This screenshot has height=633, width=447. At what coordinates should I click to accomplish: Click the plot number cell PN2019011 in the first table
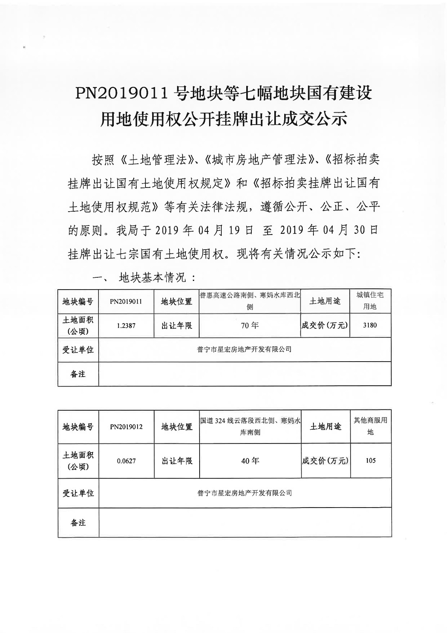(x=126, y=301)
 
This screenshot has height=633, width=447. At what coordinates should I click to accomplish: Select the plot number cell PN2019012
(x=126, y=427)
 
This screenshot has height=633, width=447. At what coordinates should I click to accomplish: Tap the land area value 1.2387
(x=126, y=326)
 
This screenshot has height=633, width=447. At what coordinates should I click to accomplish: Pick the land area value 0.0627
(x=126, y=461)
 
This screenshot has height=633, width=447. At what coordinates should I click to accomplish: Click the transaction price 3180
(x=370, y=325)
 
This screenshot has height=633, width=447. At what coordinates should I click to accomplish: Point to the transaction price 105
(x=371, y=461)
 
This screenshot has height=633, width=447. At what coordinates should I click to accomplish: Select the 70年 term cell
(x=250, y=326)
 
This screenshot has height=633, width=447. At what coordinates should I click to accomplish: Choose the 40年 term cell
(x=250, y=461)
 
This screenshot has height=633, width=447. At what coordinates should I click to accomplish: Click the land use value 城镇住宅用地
(x=370, y=301)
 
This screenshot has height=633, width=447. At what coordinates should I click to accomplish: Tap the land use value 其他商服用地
(x=370, y=426)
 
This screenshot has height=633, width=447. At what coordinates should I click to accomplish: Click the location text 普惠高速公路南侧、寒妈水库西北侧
(x=250, y=301)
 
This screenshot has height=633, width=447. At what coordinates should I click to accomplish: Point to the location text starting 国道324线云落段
(x=250, y=426)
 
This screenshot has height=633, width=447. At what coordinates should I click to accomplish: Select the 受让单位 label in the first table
(x=78, y=350)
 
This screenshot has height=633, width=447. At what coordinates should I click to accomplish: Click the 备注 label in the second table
(x=78, y=523)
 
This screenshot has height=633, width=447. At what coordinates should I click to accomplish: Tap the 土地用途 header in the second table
(x=325, y=427)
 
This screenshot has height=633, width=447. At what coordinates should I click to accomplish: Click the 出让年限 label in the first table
(x=176, y=326)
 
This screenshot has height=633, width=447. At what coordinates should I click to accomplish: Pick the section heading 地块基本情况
(x=152, y=278)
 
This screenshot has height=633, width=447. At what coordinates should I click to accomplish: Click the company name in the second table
(x=245, y=493)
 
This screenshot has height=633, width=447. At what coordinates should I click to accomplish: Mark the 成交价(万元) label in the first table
(x=325, y=326)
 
